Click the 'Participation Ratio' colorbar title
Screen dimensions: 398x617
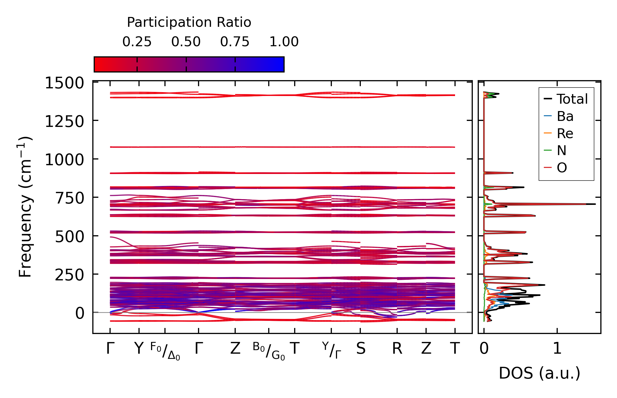coord(189,22)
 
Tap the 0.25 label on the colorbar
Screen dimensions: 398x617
coord(137,42)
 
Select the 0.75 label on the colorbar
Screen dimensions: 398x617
coord(235,42)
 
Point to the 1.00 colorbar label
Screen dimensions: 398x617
coord(284,42)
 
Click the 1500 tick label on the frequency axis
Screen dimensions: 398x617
coord(64,83)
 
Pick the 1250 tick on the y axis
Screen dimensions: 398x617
coord(64,121)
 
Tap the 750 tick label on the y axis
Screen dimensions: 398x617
coord(70,198)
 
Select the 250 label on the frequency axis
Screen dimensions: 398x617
coord(70,275)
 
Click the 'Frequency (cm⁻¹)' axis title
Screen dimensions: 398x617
coord(25,207)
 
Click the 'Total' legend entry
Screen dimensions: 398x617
coord(572,99)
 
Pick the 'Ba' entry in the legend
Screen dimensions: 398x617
coord(565,116)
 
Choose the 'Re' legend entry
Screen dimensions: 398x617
coord(565,133)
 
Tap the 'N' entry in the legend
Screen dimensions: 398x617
coord(562,150)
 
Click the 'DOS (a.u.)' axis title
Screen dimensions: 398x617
coord(539,373)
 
